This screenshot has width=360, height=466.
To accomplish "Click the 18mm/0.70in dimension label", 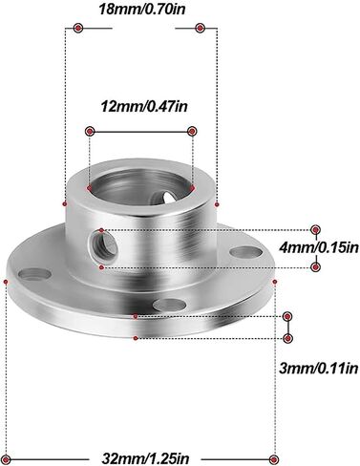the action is (x=141, y=10).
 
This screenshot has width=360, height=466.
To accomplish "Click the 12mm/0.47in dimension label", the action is (x=144, y=106).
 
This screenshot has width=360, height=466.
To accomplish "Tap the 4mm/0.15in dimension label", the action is (x=319, y=247).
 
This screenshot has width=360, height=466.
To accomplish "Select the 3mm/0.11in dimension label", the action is (x=319, y=369).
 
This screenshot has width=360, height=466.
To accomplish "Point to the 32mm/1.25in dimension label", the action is (x=145, y=458).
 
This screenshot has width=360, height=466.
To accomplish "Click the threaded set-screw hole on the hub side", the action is (x=103, y=247).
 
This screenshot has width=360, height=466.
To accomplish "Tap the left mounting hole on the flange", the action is (x=34, y=274).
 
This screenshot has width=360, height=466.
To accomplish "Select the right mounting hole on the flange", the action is (x=245, y=253).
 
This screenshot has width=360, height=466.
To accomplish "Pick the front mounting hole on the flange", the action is (x=169, y=305).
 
